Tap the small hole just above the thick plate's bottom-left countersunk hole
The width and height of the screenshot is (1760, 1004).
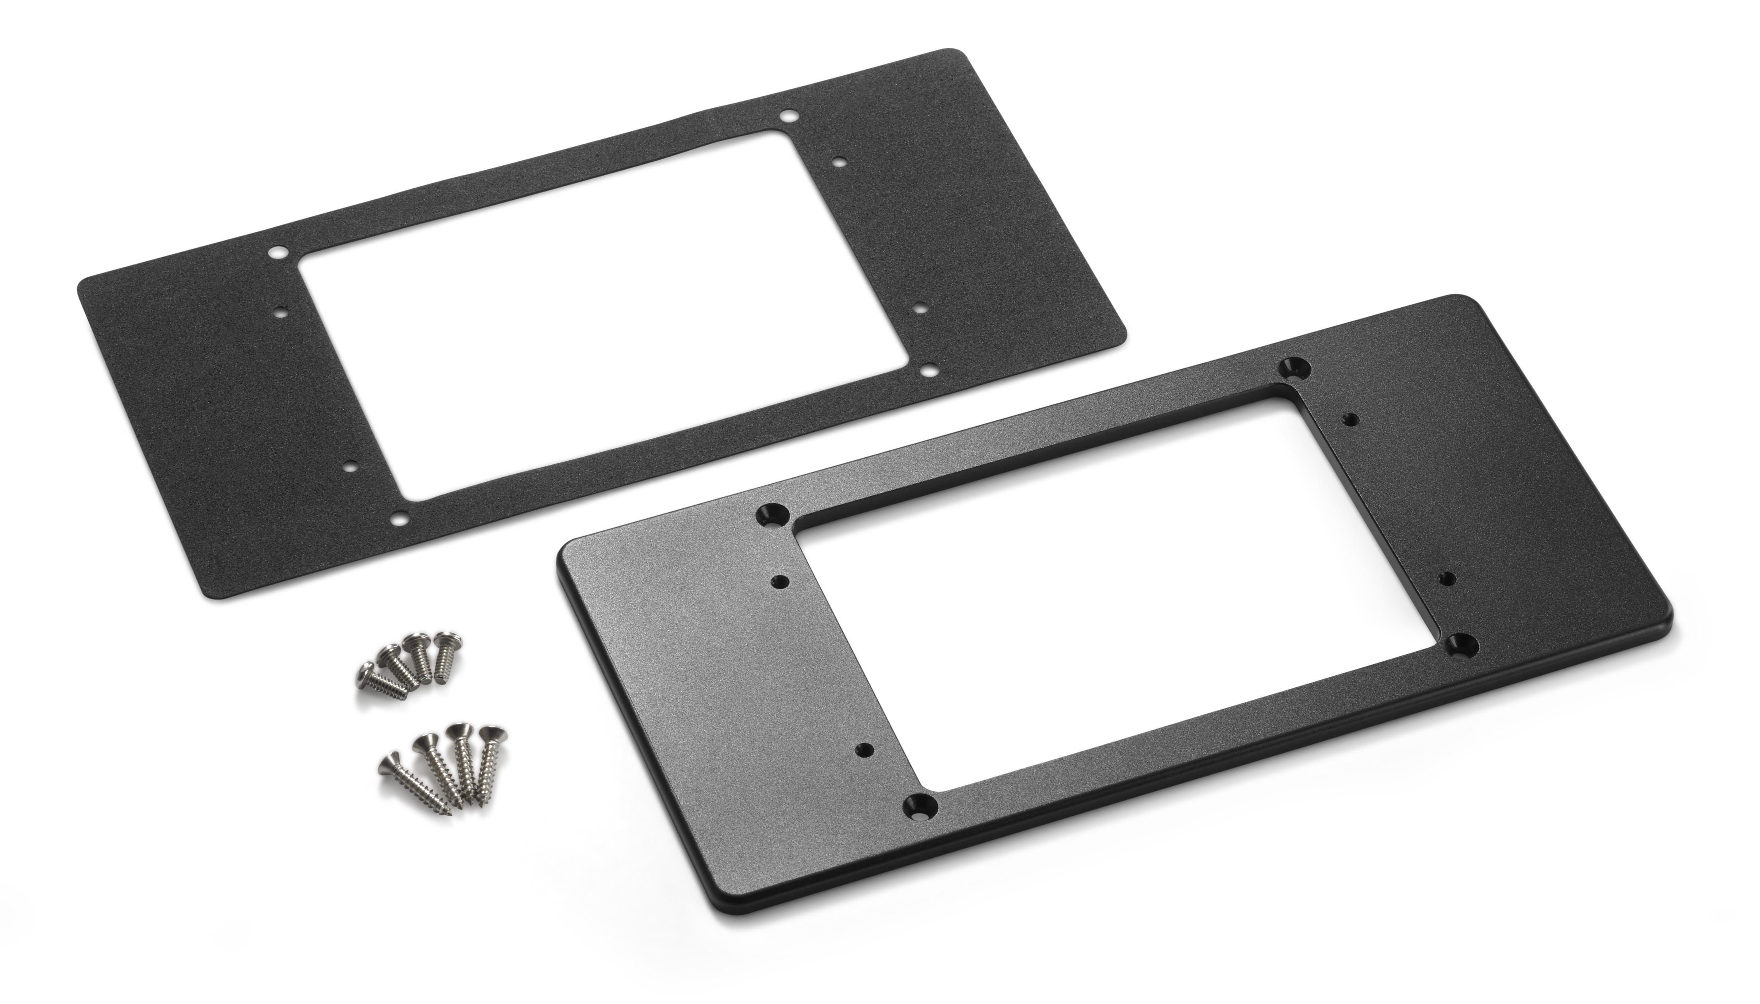(863, 749)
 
